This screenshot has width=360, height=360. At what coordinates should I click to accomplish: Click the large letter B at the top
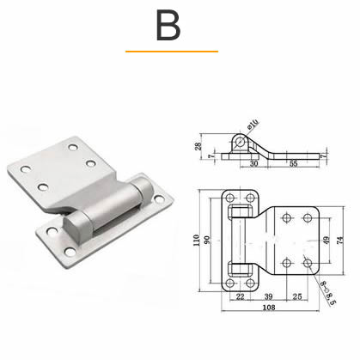point(168,26)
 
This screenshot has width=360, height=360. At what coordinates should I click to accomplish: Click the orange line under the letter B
point(171,52)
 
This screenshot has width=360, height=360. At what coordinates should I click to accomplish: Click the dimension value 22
point(239,296)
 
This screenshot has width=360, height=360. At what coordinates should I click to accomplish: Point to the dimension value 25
point(297,296)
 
